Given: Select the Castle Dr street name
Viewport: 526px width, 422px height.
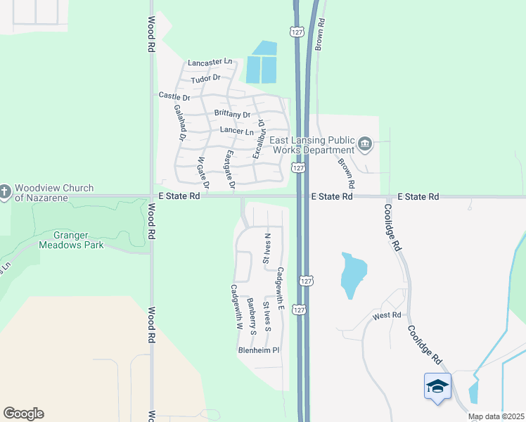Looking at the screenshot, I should tap(174, 96).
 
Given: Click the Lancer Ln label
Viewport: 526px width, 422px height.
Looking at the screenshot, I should tap(236, 131).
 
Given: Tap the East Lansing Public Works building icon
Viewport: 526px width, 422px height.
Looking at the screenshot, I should tap(364, 145).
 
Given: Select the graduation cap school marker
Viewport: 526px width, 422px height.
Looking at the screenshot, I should tap(437, 386).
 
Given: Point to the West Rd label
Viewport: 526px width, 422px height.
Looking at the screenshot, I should tap(386, 316).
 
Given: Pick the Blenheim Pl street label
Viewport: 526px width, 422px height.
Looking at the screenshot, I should tap(259, 350).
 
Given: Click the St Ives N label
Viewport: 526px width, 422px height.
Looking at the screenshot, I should tap(267, 248).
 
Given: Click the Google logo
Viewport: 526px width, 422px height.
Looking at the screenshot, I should tap(23, 414).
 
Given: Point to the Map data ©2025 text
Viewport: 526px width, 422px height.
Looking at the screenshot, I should tap(495, 416).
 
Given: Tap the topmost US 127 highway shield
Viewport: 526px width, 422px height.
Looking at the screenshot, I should tap(295, 32).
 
